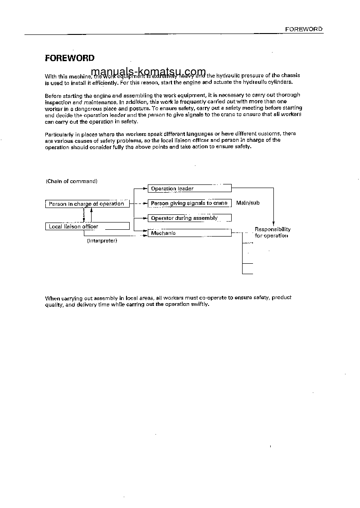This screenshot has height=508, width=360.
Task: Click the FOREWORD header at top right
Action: (303, 29)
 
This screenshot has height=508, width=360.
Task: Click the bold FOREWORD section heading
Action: (69, 58)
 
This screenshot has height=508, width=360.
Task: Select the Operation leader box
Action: (190, 189)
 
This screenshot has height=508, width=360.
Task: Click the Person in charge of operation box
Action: (87, 204)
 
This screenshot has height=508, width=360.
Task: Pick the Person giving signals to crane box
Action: (190, 203)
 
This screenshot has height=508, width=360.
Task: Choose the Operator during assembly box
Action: (190, 218)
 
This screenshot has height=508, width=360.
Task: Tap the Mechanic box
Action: (190, 233)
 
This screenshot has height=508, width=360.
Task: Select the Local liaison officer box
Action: (87, 226)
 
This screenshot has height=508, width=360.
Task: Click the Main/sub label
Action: (248, 203)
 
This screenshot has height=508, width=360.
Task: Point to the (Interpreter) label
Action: (102, 241)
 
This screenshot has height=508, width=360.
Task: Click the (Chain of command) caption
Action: (72, 181)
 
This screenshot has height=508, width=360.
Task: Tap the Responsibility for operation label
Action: (272, 232)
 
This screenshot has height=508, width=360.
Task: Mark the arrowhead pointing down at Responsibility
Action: (273, 223)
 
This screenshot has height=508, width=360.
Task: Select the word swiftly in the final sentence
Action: (199, 304)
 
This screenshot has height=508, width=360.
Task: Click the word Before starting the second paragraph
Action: (53, 96)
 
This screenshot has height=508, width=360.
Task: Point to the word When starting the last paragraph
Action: (52, 298)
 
